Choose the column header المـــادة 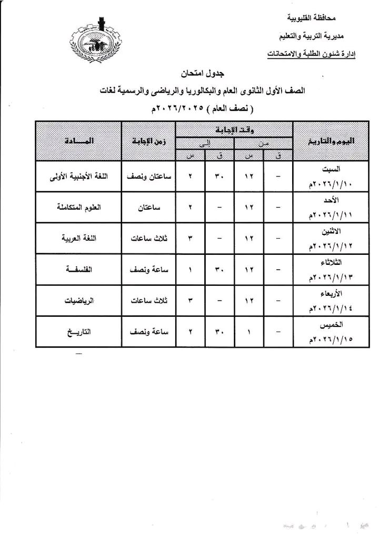tap(78, 141)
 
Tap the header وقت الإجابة tap(234, 128)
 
